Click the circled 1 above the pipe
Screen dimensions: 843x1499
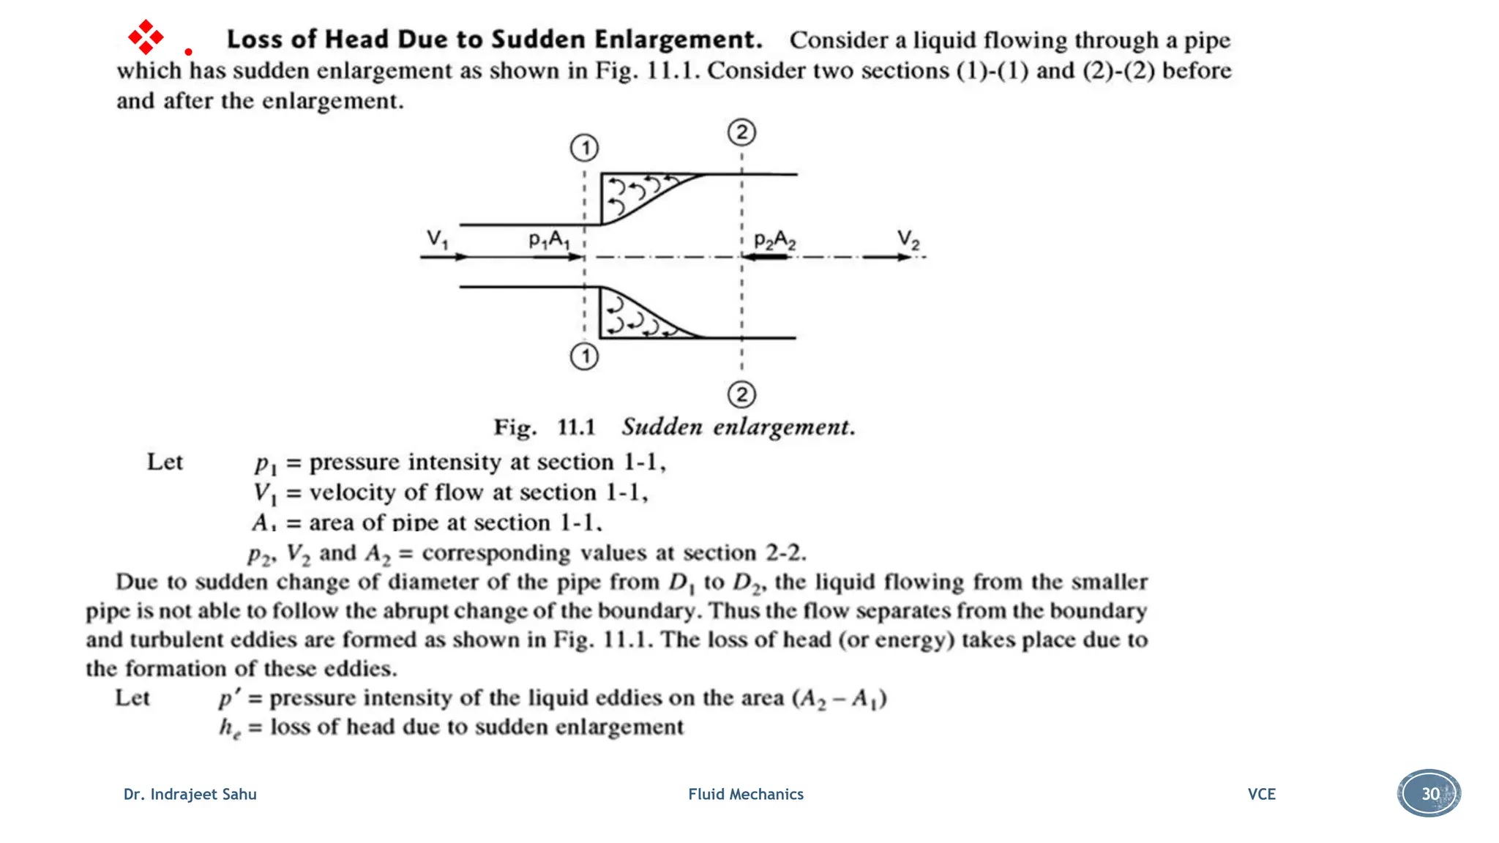point(584,148)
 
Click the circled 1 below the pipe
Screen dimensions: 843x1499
point(584,357)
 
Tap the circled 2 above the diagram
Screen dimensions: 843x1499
point(741,132)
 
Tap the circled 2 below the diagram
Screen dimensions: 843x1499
point(741,395)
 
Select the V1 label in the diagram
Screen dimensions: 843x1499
point(437,239)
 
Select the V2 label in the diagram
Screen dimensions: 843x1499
point(908,239)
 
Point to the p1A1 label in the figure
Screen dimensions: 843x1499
point(549,239)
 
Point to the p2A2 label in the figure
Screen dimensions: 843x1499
point(774,240)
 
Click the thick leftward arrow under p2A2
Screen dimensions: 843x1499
point(765,257)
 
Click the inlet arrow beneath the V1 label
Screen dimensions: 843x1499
point(444,257)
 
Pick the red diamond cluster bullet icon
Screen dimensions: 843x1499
point(146,37)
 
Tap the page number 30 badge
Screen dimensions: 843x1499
point(1429,793)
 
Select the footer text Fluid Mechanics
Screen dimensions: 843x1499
point(745,794)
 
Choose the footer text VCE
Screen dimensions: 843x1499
point(1261,794)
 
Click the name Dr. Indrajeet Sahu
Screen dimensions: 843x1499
point(190,794)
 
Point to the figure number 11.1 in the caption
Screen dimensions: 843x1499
point(576,427)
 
